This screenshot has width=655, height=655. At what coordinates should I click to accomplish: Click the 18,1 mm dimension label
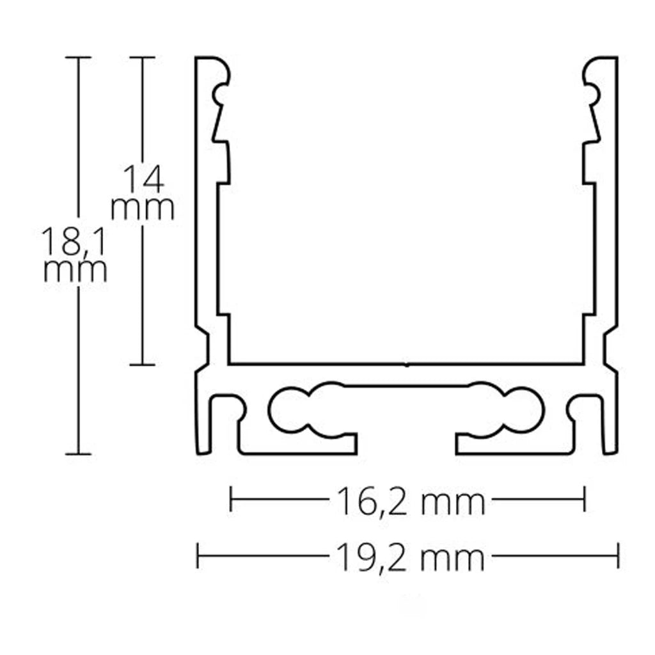tap(75, 255)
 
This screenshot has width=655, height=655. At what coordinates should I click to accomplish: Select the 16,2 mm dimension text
tap(407, 503)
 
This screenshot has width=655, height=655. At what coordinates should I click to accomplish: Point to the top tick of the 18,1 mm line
tap(79, 58)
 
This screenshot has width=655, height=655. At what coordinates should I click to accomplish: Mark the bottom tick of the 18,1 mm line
tap(79, 454)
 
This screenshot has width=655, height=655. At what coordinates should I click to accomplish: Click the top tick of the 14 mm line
tap(142, 58)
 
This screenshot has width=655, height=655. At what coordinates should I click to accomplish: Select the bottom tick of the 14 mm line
tap(142, 365)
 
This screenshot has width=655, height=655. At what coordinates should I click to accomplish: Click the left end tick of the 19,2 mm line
tap(198, 555)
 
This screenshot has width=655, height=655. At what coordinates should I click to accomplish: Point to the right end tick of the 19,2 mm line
tap(617, 555)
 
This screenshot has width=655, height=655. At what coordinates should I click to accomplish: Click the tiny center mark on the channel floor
tap(407, 365)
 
